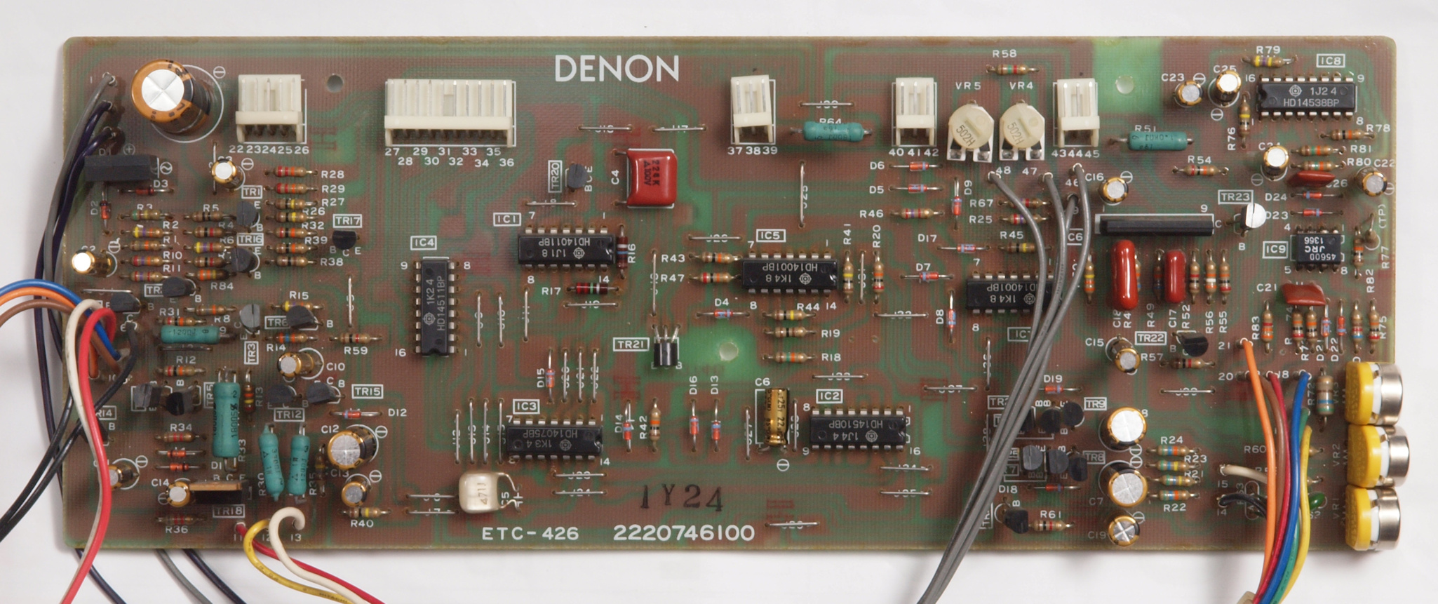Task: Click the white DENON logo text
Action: [x=617, y=69]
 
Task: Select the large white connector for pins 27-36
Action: [x=449, y=112]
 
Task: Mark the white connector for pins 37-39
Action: [x=753, y=108]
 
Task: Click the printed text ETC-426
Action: [x=530, y=534]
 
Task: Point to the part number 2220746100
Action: [x=683, y=533]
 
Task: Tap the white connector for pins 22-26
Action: [x=270, y=108]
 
